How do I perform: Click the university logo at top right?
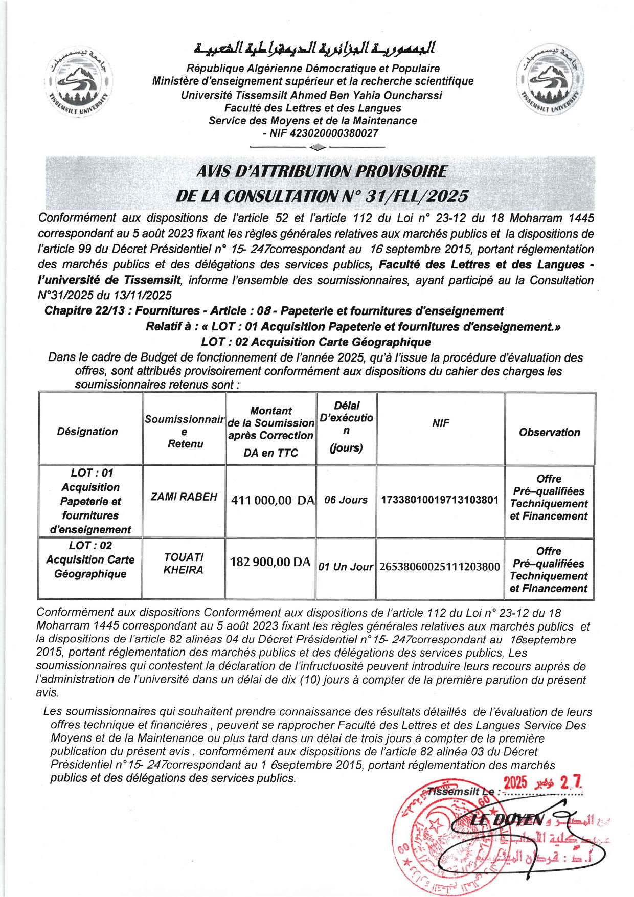pyautogui.click(x=549, y=80)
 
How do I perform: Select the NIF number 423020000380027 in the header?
pyautogui.click(x=334, y=133)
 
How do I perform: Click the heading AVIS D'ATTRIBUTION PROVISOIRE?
pyautogui.click(x=322, y=172)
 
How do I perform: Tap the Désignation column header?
pyautogui.click(x=87, y=432)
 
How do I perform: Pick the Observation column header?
pyautogui.click(x=550, y=433)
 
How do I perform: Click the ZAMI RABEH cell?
pyautogui.click(x=184, y=497)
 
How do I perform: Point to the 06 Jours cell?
pyautogui.click(x=346, y=500)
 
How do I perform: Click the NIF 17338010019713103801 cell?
pyautogui.click(x=440, y=500)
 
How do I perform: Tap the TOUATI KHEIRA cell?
pyautogui.click(x=184, y=564)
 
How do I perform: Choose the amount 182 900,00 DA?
pyautogui.click(x=270, y=563)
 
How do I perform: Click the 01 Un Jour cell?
pyautogui.click(x=346, y=567)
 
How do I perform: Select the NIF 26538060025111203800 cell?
pyautogui.click(x=440, y=567)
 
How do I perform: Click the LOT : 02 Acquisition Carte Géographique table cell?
pyautogui.click(x=90, y=560)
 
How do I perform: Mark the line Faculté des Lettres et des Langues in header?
pyautogui.click(x=313, y=108)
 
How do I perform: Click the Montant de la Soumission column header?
pyautogui.click(x=271, y=431)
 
